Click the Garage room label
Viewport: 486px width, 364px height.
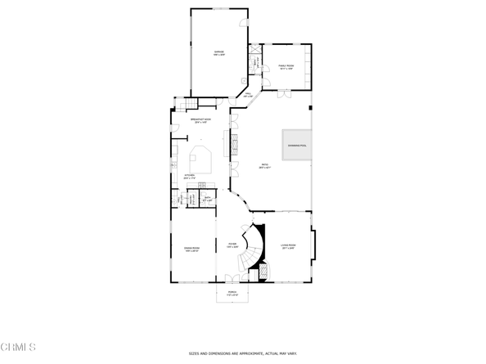219,53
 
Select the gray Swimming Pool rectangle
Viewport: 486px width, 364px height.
298,146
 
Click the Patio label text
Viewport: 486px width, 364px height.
265,166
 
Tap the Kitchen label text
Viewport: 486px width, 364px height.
189,176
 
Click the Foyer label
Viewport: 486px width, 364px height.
232,245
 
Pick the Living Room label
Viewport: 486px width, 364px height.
288,245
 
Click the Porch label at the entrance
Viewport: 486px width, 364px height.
234,294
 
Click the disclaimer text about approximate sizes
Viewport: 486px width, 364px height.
243,354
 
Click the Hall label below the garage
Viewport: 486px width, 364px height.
247,96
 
